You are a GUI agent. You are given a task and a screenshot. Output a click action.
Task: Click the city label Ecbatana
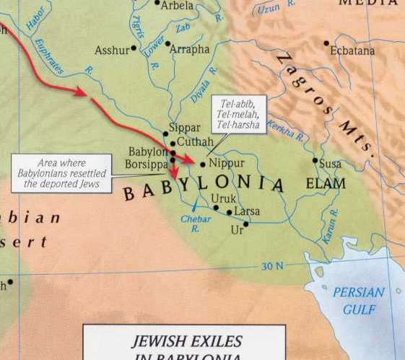click(x=352, y=51)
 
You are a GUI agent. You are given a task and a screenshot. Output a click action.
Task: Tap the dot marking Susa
click(x=315, y=160)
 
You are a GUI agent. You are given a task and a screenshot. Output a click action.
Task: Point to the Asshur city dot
click(x=134, y=50)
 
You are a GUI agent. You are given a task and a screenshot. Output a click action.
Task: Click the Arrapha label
click(x=189, y=49)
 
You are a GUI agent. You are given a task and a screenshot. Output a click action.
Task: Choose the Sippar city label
click(x=184, y=128)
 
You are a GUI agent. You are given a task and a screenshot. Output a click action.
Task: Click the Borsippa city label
click(x=147, y=164)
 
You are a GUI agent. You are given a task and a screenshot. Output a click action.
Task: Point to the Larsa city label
click(x=247, y=211)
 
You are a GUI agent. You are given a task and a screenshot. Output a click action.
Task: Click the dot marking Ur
click(x=245, y=224)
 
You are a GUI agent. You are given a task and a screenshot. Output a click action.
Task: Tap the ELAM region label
click(x=326, y=183)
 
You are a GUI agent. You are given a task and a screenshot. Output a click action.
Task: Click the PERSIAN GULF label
click(x=359, y=299)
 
